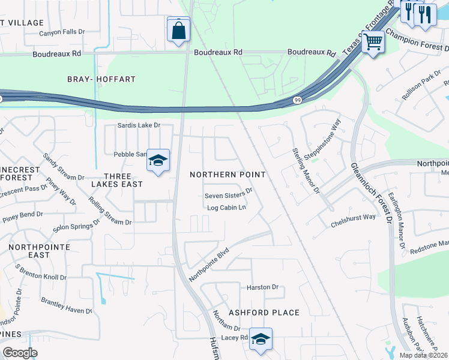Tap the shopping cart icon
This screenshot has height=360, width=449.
373,42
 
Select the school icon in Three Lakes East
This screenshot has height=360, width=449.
158,161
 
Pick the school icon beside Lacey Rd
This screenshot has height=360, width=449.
261,339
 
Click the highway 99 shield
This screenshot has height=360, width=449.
297,100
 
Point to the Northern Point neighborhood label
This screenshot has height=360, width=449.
228,174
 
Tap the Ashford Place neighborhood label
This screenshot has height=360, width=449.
264,313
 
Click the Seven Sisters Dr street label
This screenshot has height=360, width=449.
228,196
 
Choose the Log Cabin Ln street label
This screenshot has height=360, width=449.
227,208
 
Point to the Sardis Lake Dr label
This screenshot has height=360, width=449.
139,125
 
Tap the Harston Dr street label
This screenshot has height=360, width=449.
263,287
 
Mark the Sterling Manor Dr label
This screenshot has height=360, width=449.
306,171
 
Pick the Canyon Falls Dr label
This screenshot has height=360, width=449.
63,32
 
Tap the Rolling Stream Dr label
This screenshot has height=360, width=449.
109,208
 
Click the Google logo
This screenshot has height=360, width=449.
20,353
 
